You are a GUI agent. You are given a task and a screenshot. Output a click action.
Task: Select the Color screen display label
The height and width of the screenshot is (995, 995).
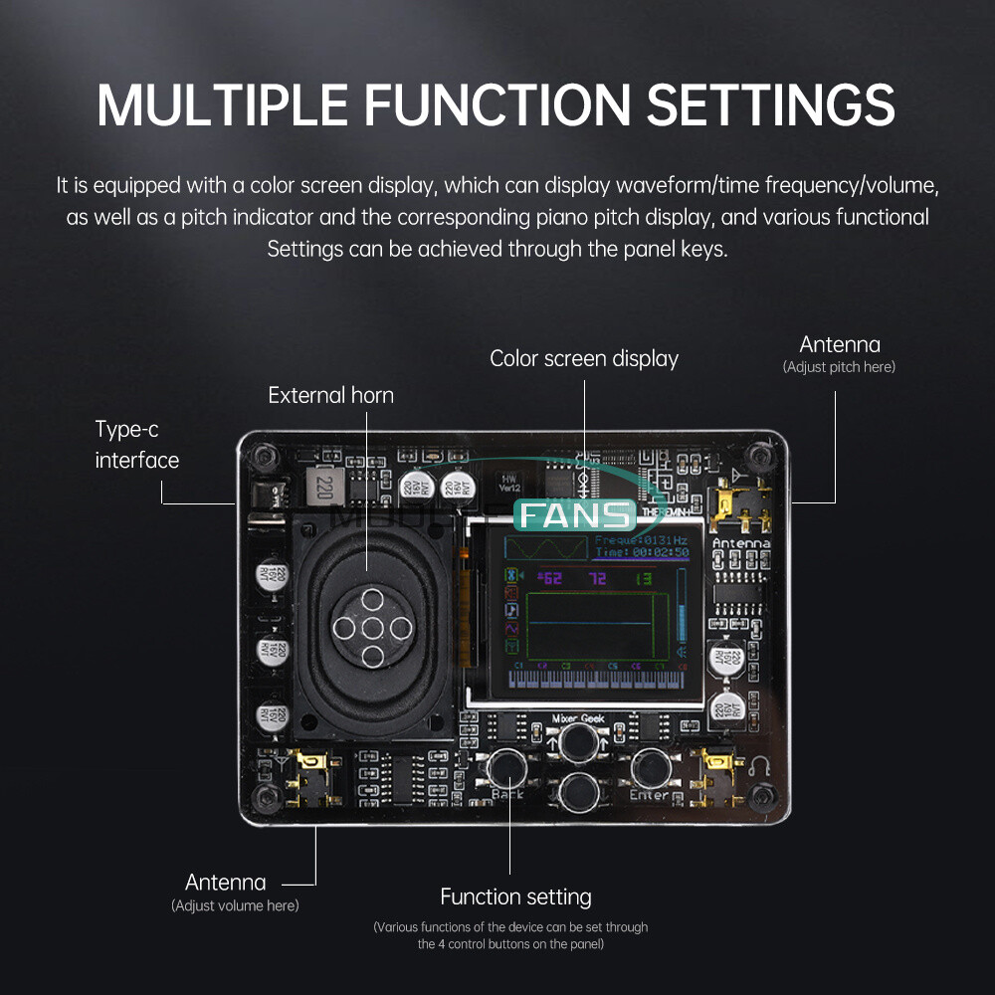pos(584,358)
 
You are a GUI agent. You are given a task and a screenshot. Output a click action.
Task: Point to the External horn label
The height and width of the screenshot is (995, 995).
pos(330,395)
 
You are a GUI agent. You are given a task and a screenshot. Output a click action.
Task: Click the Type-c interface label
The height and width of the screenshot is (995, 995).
pos(136,445)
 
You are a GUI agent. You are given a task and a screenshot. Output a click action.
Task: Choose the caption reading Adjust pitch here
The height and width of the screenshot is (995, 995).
pos(839,367)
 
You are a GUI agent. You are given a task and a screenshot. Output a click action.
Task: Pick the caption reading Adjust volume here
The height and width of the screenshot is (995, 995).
pos(235,905)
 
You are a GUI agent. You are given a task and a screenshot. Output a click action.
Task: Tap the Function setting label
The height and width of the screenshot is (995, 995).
pos(515,896)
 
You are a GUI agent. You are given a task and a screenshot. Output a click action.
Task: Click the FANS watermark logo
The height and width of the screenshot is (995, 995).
pos(575,515)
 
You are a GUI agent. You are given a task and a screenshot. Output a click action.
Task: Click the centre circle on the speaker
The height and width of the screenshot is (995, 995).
pos(371,628)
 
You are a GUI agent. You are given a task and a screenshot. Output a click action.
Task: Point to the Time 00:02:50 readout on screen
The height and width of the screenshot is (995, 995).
pos(642,552)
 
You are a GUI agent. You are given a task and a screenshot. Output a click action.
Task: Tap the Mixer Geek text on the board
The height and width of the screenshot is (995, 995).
pos(578,718)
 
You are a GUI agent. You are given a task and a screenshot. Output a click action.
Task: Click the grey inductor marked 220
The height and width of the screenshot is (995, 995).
pos(324,487)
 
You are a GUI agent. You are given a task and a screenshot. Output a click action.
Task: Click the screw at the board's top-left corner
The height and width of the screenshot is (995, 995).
pos(263,457)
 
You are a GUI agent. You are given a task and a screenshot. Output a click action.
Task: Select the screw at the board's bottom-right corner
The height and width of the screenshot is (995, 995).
pos(763,795)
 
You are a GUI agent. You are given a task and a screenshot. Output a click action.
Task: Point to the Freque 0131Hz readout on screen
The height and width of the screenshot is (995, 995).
pos(642,540)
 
